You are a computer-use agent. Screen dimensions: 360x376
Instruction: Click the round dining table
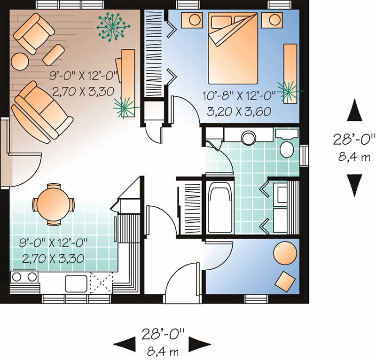pyautogui.click(x=53, y=203)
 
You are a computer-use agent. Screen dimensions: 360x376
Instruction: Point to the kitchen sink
pyautogui.click(x=75, y=283)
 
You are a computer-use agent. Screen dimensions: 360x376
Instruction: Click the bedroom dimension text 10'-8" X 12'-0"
pyautogui.click(x=238, y=97)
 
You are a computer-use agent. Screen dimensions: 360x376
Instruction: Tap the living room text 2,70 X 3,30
pyautogui.click(x=83, y=92)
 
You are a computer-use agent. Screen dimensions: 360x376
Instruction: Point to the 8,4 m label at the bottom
pyautogui.click(x=162, y=350)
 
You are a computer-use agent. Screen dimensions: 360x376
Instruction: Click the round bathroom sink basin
pyautogui.click(x=248, y=137)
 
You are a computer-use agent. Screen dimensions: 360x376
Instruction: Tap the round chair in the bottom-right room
pyautogui.click(x=285, y=254)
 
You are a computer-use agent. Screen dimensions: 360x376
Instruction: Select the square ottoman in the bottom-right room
pyautogui.click(x=285, y=281)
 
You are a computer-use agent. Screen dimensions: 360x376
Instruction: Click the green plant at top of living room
pyautogui.click(x=111, y=26)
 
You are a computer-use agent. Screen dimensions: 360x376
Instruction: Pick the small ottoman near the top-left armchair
pyautogui.click(x=54, y=54)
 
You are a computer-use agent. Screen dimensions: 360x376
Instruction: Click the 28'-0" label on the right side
pyautogui.click(x=355, y=139)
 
